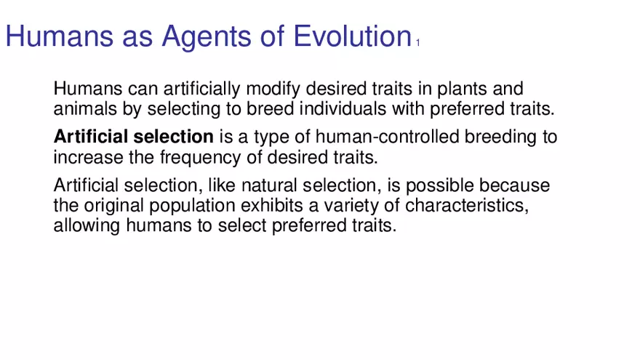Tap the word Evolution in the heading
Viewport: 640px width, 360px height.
click(353, 36)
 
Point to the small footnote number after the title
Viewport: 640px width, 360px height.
click(418, 42)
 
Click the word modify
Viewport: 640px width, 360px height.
click(273, 89)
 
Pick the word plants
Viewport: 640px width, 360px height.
click(463, 89)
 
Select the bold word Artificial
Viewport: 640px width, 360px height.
click(91, 137)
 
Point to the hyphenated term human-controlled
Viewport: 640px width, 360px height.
click(388, 137)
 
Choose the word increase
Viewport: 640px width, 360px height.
click(88, 158)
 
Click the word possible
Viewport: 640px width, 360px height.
click(439, 186)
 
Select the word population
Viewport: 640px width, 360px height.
click(192, 206)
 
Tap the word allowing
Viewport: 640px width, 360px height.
click(87, 226)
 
